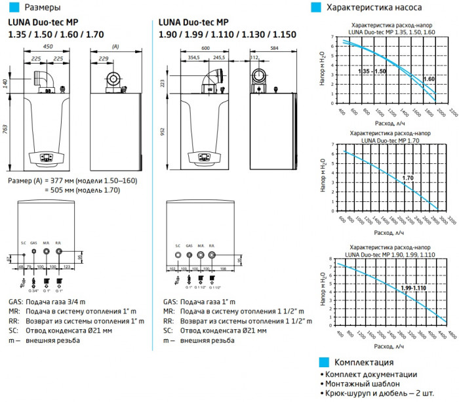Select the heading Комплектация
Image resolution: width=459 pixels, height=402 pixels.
(363, 362)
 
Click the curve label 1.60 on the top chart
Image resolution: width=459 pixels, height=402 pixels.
(429, 79)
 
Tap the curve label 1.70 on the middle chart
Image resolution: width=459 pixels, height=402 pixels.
(407, 178)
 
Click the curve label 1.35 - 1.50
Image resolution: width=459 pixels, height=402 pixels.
(372, 70)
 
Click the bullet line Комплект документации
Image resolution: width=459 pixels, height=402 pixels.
(370, 374)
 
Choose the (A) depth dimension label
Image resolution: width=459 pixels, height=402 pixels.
(115, 47)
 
